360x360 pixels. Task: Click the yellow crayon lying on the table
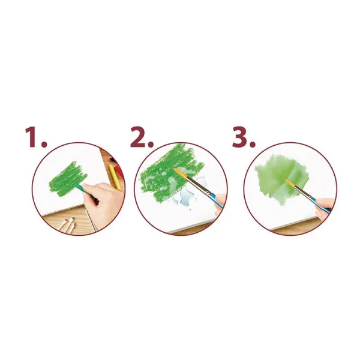tap(115, 177)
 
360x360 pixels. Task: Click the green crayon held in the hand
tap(85, 191)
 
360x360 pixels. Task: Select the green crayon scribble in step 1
tap(67, 179)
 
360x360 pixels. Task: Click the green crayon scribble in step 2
tap(170, 173)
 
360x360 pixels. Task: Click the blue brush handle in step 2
tap(216, 200)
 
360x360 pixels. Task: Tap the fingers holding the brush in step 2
tap(220, 202)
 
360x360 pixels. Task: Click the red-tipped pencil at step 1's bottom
tap(62, 225)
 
